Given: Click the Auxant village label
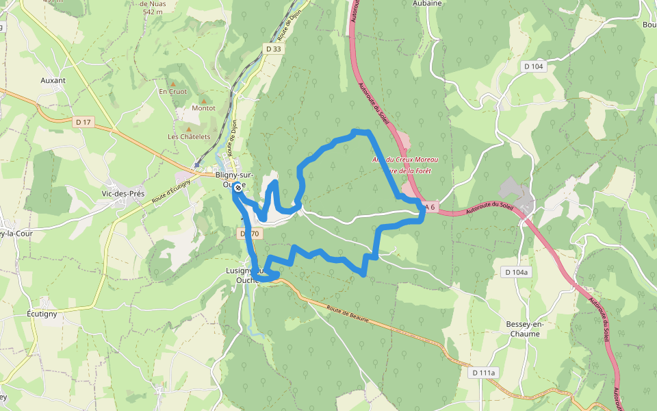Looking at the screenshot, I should coord(53,80).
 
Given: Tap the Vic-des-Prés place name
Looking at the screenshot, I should coord(123,194).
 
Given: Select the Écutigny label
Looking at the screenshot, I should coord(42,313).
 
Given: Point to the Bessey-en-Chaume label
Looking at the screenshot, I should coord(524,329).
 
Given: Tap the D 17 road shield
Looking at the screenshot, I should coord(83,122).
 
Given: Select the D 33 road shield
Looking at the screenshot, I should coord(273,49).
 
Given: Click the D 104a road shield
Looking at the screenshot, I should coord(516,272).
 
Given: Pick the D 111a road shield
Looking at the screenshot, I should coord(483,373).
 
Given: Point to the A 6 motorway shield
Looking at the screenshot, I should coord(429,207).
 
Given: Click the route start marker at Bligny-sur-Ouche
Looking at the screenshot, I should coord(237,188).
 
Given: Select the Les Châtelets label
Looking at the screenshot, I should coord(189,136).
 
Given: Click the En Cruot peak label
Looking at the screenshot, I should coord(172,91).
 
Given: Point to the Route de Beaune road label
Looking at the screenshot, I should coord(348,315).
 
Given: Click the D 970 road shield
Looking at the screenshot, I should coord(250,234).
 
